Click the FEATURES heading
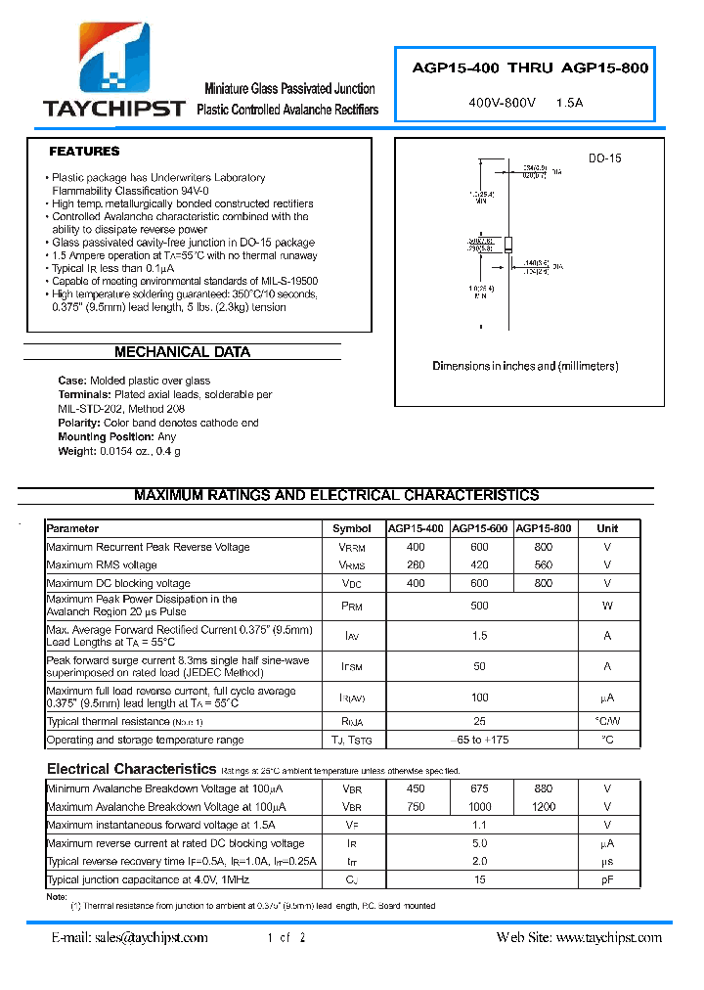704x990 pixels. pyautogui.click(x=84, y=152)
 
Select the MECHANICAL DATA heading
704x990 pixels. pyautogui.click(x=182, y=352)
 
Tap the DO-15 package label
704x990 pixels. pyautogui.click(x=604, y=158)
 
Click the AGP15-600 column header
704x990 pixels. pyautogui.click(x=479, y=528)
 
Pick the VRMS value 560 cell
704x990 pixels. pyautogui.click(x=544, y=564)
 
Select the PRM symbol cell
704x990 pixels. pyautogui.click(x=351, y=607)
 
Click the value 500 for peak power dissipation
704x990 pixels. pyautogui.click(x=479, y=607)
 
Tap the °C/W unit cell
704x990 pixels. pyautogui.click(x=607, y=722)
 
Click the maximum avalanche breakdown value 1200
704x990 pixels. pyautogui.click(x=544, y=807)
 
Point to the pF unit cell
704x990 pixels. pyautogui.click(x=607, y=880)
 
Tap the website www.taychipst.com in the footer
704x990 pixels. pyautogui.click(x=608, y=937)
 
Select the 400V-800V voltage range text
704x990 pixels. pyautogui.click(x=503, y=103)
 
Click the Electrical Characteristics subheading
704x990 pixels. pyautogui.click(x=131, y=769)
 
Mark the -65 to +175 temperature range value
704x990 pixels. pyautogui.click(x=479, y=741)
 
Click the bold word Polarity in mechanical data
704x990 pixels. pyautogui.click(x=79, y=423)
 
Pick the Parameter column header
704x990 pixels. pyautogui.click(x=73, y=528)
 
